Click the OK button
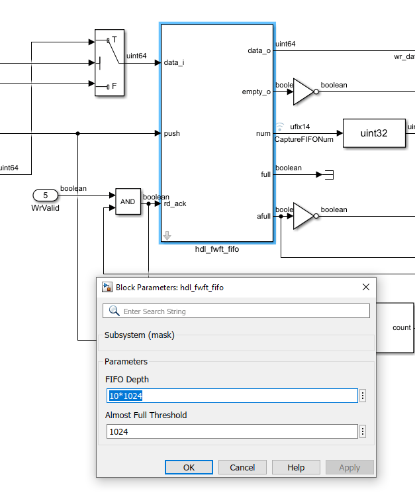(189, 467)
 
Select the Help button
(296, 467)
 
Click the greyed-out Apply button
(349, 467)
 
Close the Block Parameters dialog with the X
(366, 287)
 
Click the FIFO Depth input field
(232, 396)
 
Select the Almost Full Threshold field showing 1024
(232, 431)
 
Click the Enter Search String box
(236, 311)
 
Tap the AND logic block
(128, 201)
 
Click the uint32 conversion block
(374, 133)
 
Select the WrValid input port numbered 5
(46, 195)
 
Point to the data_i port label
(174, 62)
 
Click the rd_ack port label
(175, 203)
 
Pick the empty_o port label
(256, 91)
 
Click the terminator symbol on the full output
(329, 174)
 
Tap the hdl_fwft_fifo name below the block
(217, 249)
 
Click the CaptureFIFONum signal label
(304, 139)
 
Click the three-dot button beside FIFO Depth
(363, 396)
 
